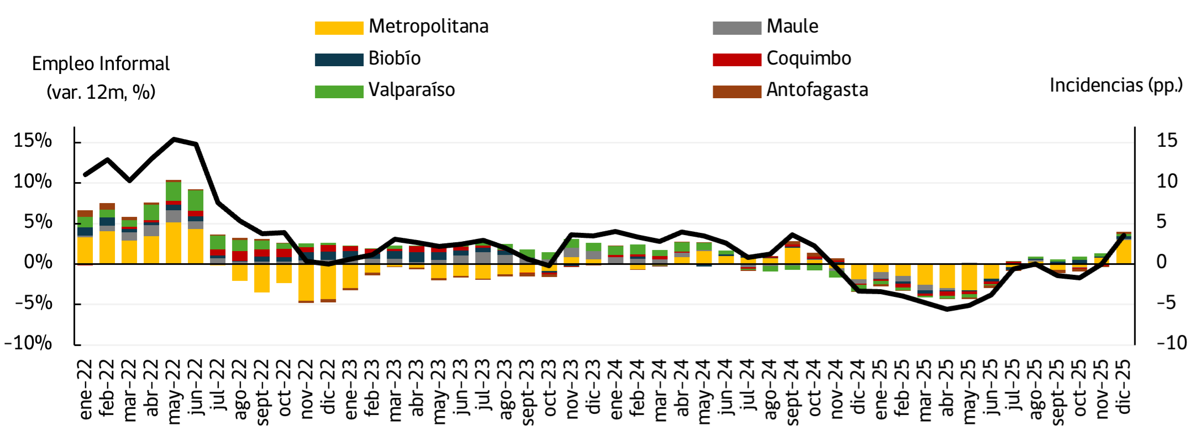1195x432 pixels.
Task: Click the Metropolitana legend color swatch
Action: pyautogui.click(x=339, y=28)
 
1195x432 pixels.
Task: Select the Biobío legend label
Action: pyautogui.click(x=394, y=58)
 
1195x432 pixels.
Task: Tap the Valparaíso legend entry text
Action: pyautogui.click(x=412, y=89)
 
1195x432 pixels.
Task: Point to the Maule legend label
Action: pyautogui.click(x=792, y=26)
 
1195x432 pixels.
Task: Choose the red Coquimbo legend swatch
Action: pyautogui.click(x=736, y=59)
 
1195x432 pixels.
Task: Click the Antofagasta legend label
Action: pyautogui.click(x=817, y=89)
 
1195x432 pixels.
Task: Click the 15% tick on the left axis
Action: pyautogui.click(x=33, y=141)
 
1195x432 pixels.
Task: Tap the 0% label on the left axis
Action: pyautogui.click(x=38, y=262)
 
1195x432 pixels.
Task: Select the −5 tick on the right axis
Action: pyautogui.click(x=1167, y=302)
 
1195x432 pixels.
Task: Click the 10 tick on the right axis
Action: pyautogui.click(x=1167, y=181)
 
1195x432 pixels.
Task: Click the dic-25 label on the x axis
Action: pyautogui.click(x=1124, y=386)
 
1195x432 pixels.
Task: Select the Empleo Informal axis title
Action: pyautogui.click(x=101, y=64)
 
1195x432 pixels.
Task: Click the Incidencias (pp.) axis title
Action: pyautogui.click(x=1116, y=85)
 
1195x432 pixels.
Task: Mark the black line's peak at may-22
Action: pyautogui.click(x=174, y=139)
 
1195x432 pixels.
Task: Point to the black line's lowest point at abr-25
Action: pyautogui.click(x=947, y=309)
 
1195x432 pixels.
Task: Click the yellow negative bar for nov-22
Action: pyautogui.click(x=306, y=282)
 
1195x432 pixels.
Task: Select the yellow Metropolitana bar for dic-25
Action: pyautogui.click(x=1124, y=252)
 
